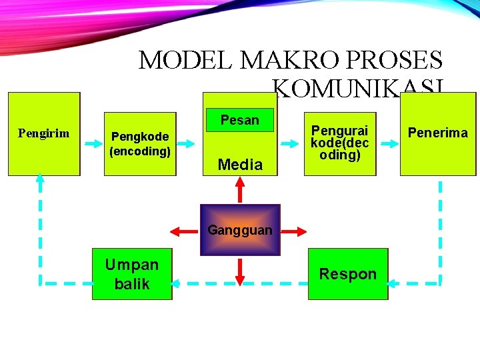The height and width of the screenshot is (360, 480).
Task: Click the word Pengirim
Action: click(43, 133)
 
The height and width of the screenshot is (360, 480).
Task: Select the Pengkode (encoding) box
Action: click(140, 143)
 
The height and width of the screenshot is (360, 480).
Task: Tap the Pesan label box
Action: click(239, 120)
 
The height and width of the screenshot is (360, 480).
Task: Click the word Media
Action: click(240, 165)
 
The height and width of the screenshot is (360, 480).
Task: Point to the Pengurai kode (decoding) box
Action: click(339, 141)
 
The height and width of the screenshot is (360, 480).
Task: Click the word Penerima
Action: click(438, 133)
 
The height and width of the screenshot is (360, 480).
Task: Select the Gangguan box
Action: click(240, 230)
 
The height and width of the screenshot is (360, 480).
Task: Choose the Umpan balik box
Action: click(132, 274)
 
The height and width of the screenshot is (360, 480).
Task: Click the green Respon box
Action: click(348, 274)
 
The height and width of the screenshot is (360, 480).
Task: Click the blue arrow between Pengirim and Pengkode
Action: click(92, 143)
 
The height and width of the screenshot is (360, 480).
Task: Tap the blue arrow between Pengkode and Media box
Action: click(189, 143)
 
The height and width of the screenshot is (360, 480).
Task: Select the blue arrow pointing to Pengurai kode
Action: click(289, 143)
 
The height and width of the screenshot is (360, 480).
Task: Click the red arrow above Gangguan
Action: click(240, 190)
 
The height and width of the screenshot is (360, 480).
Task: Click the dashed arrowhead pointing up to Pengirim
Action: click(40, 180)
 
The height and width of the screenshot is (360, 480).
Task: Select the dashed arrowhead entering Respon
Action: click(394, 283)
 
